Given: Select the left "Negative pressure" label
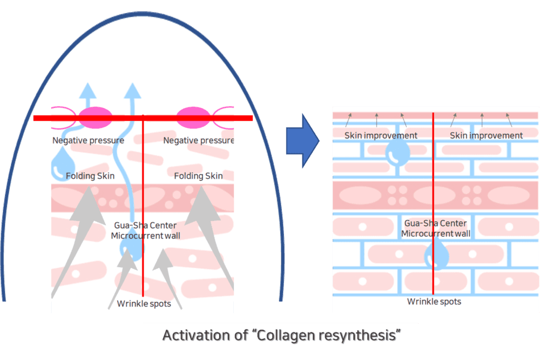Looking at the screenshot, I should pos(88,141).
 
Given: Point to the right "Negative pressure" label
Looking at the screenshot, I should pos(199,141).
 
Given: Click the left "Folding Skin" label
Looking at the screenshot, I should pos(90,176).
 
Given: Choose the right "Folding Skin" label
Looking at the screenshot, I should pos(198,176).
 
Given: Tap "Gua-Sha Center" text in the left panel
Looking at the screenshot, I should pos(145,225).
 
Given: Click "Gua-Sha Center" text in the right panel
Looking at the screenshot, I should pos(435,223).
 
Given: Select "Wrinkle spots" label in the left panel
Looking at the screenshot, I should pos(144,303).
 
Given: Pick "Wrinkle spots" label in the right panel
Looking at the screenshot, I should pos(434,301).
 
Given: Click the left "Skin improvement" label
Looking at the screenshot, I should pos(381,135).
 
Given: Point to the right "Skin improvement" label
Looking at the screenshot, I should pos(486,135).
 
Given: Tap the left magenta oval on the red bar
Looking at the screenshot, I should pos(96,118).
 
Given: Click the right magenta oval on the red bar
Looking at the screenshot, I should pos(194,118).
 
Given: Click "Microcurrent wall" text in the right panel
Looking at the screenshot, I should pos(435,234).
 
